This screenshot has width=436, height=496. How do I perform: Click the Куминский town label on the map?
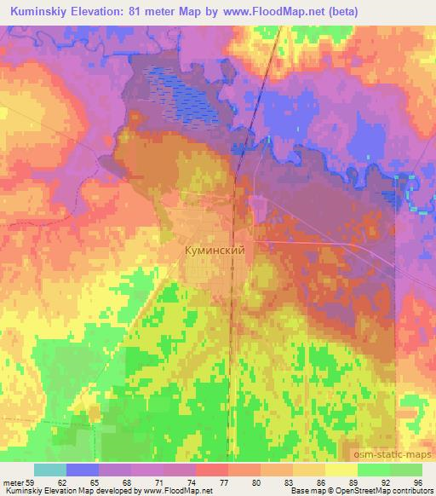215,251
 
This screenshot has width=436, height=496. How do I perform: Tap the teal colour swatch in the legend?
50,470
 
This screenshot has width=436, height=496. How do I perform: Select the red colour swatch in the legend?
213,470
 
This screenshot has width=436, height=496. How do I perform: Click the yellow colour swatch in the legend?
340,470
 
